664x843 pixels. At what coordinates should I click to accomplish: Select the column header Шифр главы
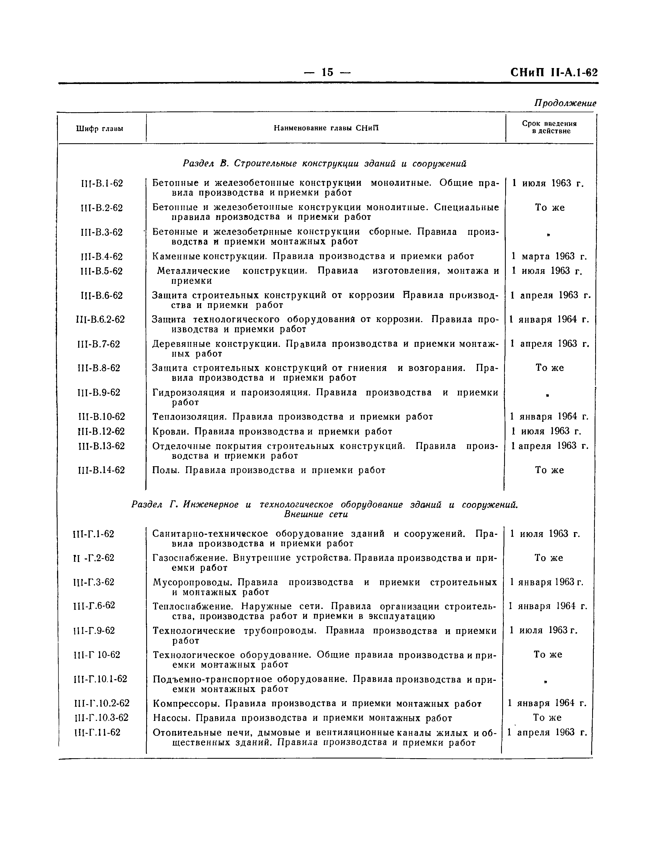(100, 129)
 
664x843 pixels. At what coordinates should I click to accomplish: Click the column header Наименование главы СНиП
(326, 128)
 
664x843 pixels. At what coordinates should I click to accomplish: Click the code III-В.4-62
(100, 257)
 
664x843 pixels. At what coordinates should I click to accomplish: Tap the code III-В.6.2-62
(101, 320)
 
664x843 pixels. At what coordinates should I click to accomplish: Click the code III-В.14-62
(101, 470)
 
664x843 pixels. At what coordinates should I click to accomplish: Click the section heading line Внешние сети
(316, 515)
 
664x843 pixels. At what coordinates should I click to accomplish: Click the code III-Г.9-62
(94, 631)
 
